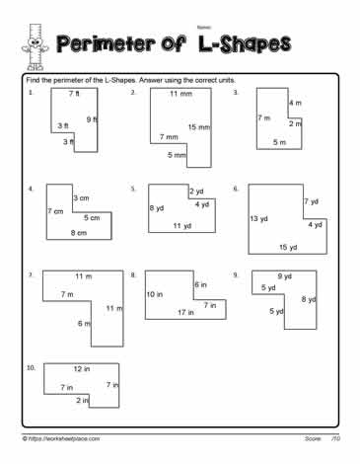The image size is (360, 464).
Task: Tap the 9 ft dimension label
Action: [x=93, y=119]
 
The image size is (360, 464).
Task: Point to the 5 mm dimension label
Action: [x=177, y=155]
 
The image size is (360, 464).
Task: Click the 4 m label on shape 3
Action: [x=295, y=103]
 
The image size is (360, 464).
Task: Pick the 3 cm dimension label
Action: [x=81, y=198]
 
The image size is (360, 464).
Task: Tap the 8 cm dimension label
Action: [x=78, y=232]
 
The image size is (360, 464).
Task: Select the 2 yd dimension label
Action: [x=196, y=191]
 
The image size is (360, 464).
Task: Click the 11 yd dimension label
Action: [x=181, y=226]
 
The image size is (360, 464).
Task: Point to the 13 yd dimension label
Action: [x=259, y=218]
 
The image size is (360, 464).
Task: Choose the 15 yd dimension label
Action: [x=288, y=247]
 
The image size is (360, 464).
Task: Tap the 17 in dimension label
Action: [x=185, y=313]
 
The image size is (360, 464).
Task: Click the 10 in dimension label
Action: [x=154, y=294]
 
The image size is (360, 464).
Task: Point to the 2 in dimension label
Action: [x=82, y=401]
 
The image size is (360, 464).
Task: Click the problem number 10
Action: [x=33, y=366]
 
